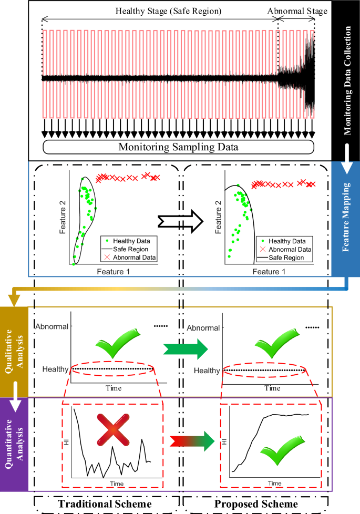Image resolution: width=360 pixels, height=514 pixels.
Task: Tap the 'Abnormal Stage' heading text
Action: tap(297, 10)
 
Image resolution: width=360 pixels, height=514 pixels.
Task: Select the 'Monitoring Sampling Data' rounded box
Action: tap(178, 147)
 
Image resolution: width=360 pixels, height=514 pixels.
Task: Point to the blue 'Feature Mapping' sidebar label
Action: tap(347, 217)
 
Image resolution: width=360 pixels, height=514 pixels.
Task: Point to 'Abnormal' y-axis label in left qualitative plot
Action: tap(52, 326)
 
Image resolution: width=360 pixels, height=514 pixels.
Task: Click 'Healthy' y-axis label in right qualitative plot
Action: tap(207, 371)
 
